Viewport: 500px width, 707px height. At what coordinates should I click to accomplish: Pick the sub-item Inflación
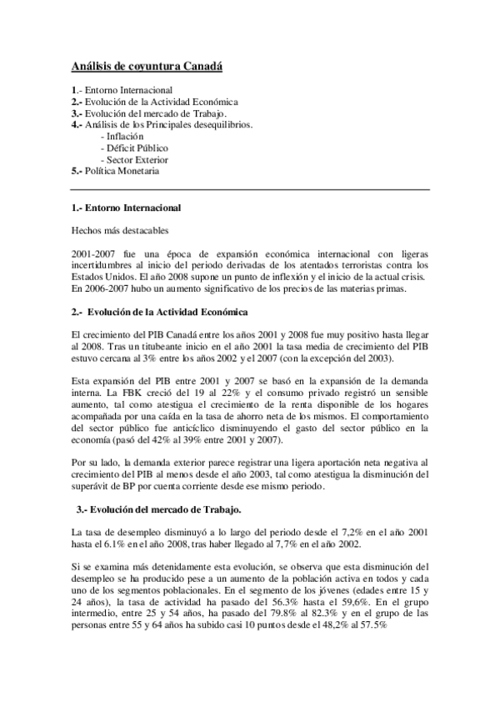pyautogui.click(x=122, y=136)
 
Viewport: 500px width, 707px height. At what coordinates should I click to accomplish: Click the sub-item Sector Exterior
pyautogui.click(x=133, y=159)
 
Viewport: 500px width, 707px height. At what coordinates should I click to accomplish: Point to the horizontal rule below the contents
pyautogui.click(x=250, y=189)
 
